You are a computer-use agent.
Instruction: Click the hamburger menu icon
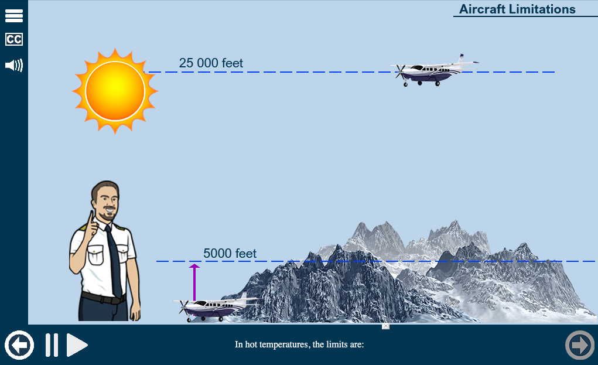(x=14, y=15)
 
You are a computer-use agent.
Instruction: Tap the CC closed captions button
(x=14, y=39)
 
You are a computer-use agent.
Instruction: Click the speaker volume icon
(x=14, y=65)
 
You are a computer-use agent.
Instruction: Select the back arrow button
(x=19, y=344)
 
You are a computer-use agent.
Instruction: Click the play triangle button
(x=77, y=344)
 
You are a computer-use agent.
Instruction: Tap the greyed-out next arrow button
(x=580, y=344)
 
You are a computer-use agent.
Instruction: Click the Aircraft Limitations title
(x=517, y=9)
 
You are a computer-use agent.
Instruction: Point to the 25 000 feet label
(x=211, y=63)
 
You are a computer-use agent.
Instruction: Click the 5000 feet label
(x=230, y=253)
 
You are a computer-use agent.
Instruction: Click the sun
(x=115, y=91)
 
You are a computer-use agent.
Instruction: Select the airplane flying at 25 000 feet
(x=433, y=70)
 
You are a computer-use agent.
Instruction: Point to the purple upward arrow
(x=194, y=282)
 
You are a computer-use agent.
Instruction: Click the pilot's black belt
(x=103, y=298)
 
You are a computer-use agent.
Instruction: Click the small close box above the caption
(x=385, y=326)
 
